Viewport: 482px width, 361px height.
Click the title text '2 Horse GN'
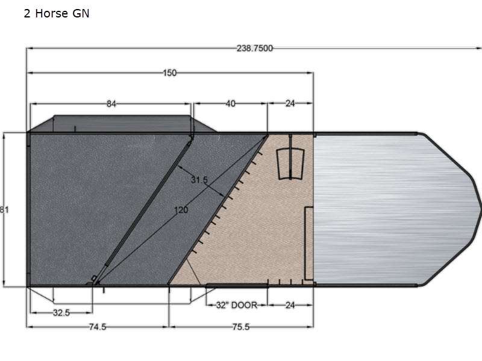[x=57, y=13]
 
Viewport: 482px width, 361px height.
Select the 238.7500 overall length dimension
[x=254, y=49]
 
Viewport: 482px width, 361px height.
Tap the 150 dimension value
[x=170, y=73]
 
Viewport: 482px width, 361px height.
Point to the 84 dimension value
[x=111, y=104]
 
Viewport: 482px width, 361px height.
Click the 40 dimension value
[x=231, y=103]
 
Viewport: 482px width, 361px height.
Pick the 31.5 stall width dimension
[x=199, y=180]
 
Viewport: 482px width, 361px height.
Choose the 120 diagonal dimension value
[x=181, y=210]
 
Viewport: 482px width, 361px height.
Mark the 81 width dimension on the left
[x=4, y=210]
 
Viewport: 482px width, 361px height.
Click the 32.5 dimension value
[x=61, y=313]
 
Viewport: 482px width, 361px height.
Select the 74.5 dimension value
[x=98, y=327]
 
